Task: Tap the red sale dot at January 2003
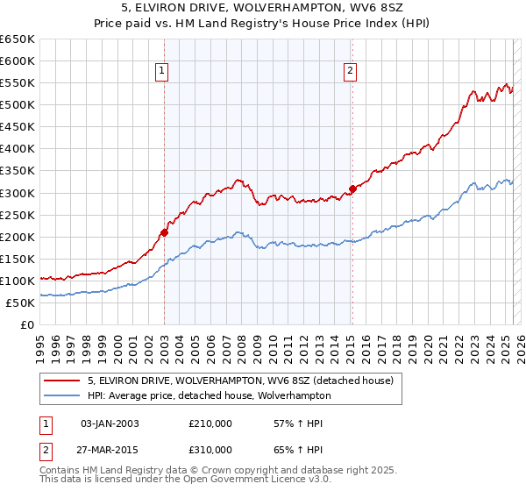164,232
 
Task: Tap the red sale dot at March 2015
352,189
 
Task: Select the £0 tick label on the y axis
27,324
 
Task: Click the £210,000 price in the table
210,423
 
